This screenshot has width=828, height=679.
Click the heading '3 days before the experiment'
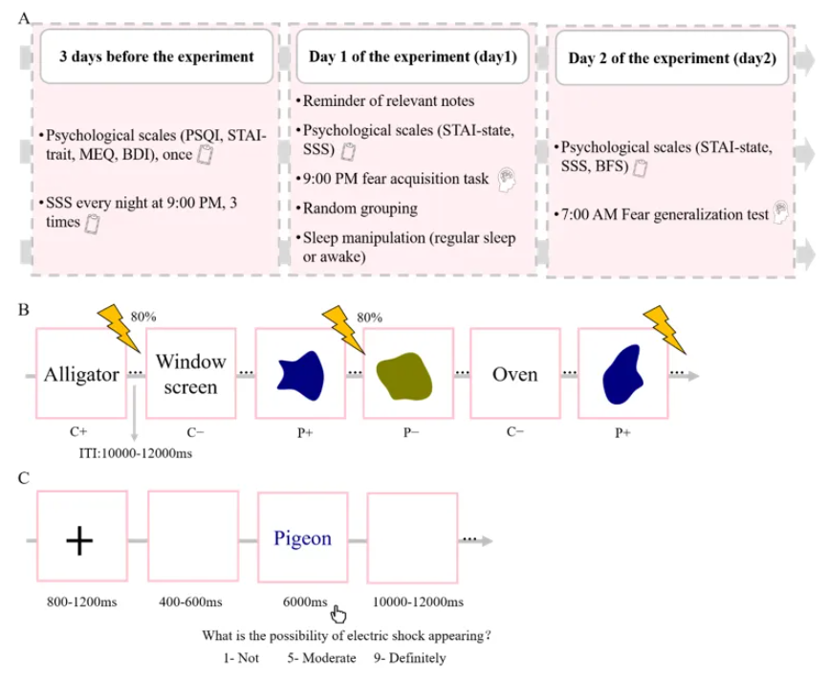click(157, 56)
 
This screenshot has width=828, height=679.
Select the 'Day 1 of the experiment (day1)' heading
click(412, 56)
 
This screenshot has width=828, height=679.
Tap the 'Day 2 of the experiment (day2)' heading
click(671, 57)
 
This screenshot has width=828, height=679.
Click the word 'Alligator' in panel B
click(81, 374)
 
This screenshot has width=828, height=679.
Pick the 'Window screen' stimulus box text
click(191, 374)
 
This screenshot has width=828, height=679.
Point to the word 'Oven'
click(515, 374)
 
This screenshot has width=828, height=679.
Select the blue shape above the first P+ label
click(301, 373)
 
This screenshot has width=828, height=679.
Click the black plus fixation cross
click(80, 540)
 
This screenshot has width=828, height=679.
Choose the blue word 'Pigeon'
click(302, 538)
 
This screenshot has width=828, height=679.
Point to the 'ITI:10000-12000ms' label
click(134, 452)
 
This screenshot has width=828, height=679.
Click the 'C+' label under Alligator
click(81, 432)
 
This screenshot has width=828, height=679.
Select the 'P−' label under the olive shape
click(406, 432)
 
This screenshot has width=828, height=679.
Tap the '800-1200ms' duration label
click(80, 602)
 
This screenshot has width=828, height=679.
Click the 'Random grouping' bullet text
click(356, 208)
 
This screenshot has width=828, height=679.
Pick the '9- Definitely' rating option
click(410, 658)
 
